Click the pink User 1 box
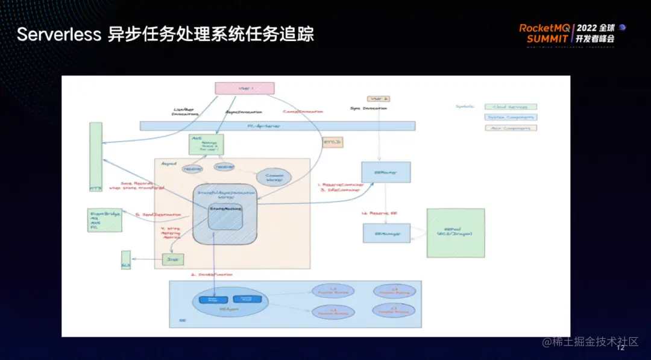[x=245, y=88]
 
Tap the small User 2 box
[x=379, y=98]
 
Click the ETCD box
[x=333, y=142]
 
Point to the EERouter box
[x=386, y=172]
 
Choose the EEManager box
[x=386, y=233]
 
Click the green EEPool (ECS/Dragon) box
[x=456, y=233]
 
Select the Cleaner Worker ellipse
[x=274, y=177]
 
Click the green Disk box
[x=173, y=259]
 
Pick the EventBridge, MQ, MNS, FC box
[x=105, y=219]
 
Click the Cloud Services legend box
[x=510, y=107]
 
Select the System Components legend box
[x=510, y=117]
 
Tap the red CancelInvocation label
[x=303, y=112]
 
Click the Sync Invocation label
[x=368, y=109]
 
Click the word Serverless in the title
[x=58, y=34]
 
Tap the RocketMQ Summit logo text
[x=546, y=33]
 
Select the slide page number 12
[x=620, y=347]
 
